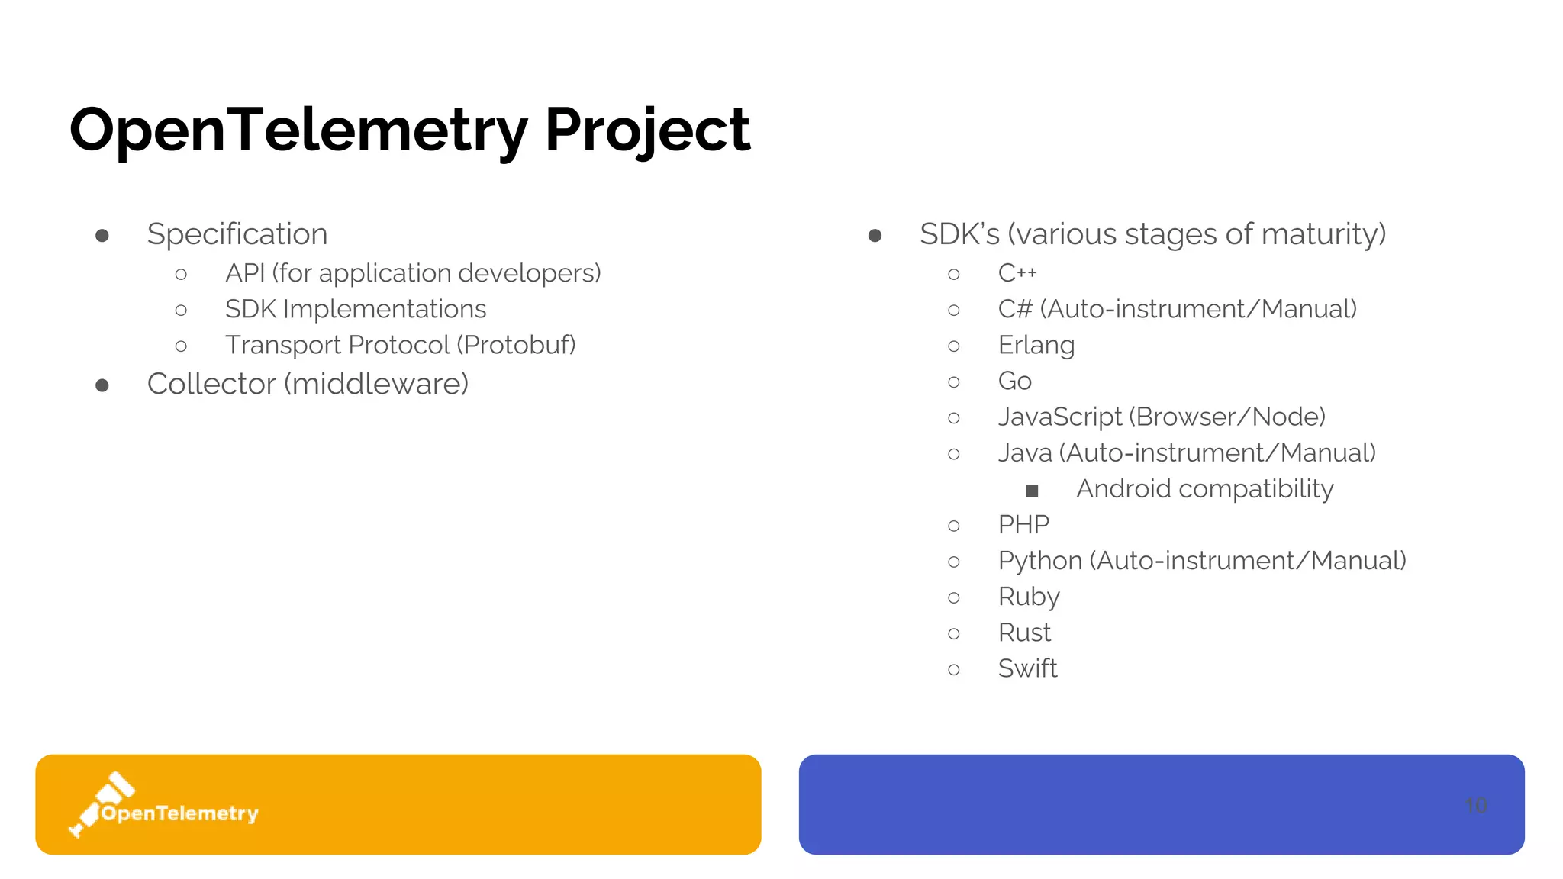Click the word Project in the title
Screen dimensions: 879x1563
647,130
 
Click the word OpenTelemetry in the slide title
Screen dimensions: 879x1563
298,130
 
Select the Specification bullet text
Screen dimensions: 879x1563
237,234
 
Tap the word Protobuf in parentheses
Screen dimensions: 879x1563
516,345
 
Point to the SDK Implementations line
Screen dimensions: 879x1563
356,309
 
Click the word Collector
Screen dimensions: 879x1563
211,384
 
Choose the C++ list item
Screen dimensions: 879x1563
1017,273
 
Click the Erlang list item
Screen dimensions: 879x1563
1036,345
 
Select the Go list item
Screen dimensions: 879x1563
1014,381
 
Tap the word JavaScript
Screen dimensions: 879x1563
1060,417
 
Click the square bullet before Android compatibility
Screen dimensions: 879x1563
1032,491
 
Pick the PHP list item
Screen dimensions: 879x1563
1023,524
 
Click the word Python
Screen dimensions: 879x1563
1039,561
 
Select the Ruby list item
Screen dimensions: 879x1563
1029,597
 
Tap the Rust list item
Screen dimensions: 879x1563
1024,633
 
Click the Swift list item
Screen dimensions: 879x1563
1027,668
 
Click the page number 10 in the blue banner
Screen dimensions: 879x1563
1476,805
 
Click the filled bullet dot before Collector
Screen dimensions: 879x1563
102,385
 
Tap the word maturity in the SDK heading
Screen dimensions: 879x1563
1323,234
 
